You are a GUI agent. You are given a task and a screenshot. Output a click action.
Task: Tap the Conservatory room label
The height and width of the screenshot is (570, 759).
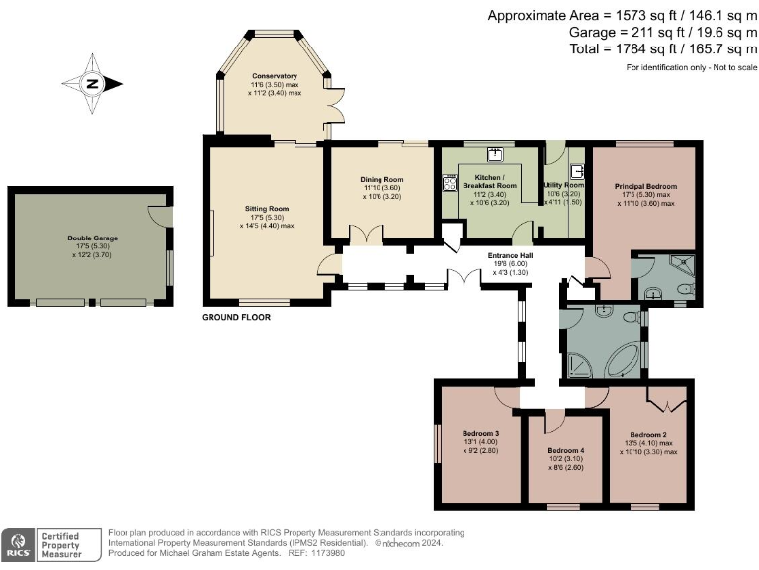274,76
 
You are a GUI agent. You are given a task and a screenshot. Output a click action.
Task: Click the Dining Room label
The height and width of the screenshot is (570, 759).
380,180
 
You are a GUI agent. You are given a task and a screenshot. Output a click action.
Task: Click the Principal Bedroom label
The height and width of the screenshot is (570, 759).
643,186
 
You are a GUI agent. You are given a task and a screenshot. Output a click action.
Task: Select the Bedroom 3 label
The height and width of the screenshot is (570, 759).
481,433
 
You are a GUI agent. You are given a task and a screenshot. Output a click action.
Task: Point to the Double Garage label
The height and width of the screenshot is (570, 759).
88,238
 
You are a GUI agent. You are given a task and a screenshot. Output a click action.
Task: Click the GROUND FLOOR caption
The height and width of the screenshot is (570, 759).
235,318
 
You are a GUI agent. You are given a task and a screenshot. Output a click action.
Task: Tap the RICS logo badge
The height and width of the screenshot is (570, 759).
17,545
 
